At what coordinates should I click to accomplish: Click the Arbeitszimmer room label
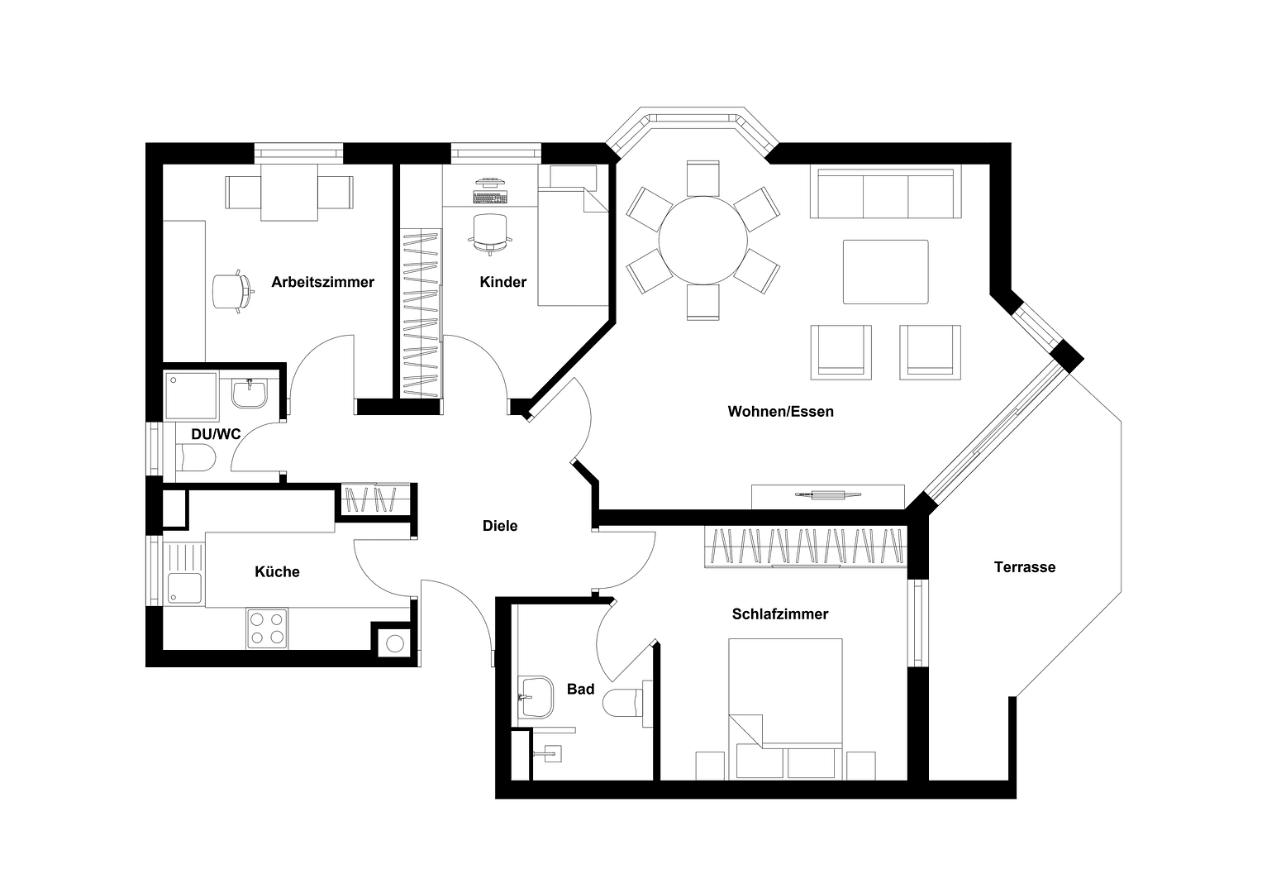[x=323, y=282]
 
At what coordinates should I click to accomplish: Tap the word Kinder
[x=503, y=282]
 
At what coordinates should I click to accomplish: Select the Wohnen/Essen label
[x=780, y=412]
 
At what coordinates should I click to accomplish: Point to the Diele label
[x=500, y=526]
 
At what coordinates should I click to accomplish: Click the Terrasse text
[x=1025, y=567]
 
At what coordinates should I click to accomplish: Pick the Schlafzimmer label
[x=780, y=614]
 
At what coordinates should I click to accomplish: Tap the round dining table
[x=703, y=240]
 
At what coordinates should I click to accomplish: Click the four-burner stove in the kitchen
[x=267, y=628]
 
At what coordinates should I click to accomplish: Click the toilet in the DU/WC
[x=196, y=457]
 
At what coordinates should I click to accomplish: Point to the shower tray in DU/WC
[x=191, y=396]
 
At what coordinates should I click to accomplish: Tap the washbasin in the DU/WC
[x=249, y=393]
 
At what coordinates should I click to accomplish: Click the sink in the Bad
[x=536, y=697]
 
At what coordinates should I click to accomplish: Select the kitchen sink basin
[x=184, y=589]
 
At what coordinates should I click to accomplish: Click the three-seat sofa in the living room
[x=886, y=192]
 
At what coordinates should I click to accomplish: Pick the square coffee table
[x=886, y=272]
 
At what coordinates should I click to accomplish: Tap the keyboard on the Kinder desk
[x=490, y=198]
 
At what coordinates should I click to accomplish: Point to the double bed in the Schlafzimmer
[x=785, y=709]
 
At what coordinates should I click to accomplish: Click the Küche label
[x=277, y=571]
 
